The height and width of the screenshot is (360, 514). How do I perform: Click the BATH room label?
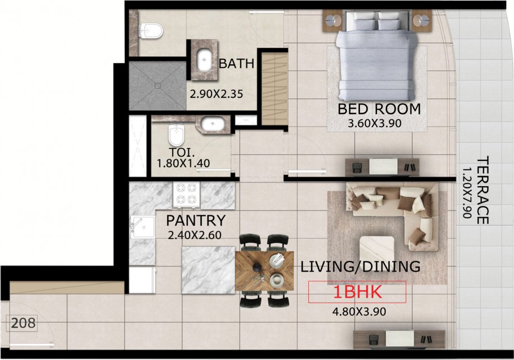pyautogui.click(x=236, y=63)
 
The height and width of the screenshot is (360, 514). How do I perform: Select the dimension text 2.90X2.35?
pyautogui.click(x=217, y=94)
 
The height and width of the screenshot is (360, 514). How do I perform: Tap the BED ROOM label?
pyautogui.click(x=379, y=109)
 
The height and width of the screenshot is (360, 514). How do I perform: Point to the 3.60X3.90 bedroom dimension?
pyautogui.click(x=375, y=124)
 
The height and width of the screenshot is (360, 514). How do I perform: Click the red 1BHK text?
pyautogui.click(x=357, y=292)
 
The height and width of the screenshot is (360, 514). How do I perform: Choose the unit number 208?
pyautogui.click(x=23, y=323)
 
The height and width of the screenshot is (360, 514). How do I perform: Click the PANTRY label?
pyautogui.click(x=196, y=220)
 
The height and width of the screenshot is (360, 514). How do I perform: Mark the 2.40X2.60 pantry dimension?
pyautogui.click(x=195, y=235)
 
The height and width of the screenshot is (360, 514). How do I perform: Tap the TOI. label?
pyautogui.click(x=182, y=152)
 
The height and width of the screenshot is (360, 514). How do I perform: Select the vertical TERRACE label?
pyautogui.click(x=482, y=190)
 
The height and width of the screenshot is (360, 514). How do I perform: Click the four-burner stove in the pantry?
pyautogui.click(x=187, y=195)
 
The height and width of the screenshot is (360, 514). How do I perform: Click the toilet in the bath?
pyautogui.click(x=151, y=31)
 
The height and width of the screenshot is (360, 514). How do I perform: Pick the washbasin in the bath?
pyautogui.click(x=205, y=60)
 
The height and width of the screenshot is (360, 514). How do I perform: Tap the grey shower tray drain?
pyautogui.click(x=157, y=85)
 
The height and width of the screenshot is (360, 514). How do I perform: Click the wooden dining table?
pyautogui.click(x=264, y=271)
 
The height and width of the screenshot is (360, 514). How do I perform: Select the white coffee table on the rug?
pyautogui.click(x=377, y=249)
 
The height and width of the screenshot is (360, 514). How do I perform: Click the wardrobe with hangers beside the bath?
pyautogui.click(x=274, y=89)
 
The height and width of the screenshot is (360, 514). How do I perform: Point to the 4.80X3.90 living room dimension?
pyautogui.click(x=359, y=311)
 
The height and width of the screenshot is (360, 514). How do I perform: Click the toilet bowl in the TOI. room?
pyautogui.click(x=177, y=134)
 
